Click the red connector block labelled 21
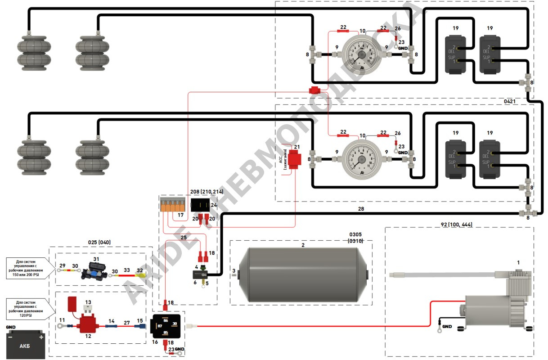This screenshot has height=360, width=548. [x=295, y=158]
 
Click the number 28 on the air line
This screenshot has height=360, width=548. [x=361, y=209]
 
